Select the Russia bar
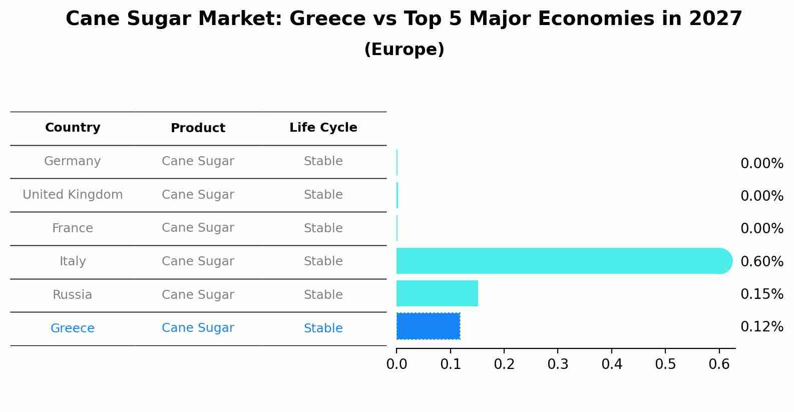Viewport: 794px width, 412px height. pyautogui.click(x=437, y=293)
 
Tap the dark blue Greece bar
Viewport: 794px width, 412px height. pyautogui.click(x=428, y=326)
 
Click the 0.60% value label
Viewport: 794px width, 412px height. pyautogui.click(x=761, y=261)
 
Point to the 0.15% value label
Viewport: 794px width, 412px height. pyautogui.click(x=761, y=294)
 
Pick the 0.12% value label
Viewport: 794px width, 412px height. pyautogui.click(x=761, y=327)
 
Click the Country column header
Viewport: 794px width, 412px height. pyautogui.click(x=73, y=128)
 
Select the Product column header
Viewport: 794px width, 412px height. pyautogui.click(x=198, y=128)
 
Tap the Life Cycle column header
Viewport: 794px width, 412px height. pyautogui.click(x=323, y=128)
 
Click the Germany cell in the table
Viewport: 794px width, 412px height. pyautogui.click(x=73, y=161)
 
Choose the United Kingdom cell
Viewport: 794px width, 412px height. pyautogui.click(x=73, y=195)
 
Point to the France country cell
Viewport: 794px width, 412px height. pyautogui.click(x=73, y=228)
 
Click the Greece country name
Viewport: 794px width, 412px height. pyautogui.click(x=73, y=328)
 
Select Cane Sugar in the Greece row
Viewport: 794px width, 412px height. pyautogui.click(x=198, y=328)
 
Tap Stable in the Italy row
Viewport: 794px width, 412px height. pyautogui.click(x=323, y=261)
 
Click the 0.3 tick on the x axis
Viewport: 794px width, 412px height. pyautogui.click(x=558, y=364)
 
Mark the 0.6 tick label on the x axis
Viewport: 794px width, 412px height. pyautogui.click(x=719, y=364)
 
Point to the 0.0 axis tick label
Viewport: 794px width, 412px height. pyautogui.click(x=396, y=364)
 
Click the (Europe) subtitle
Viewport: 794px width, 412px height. pyautogui.click(x=404, y=50)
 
